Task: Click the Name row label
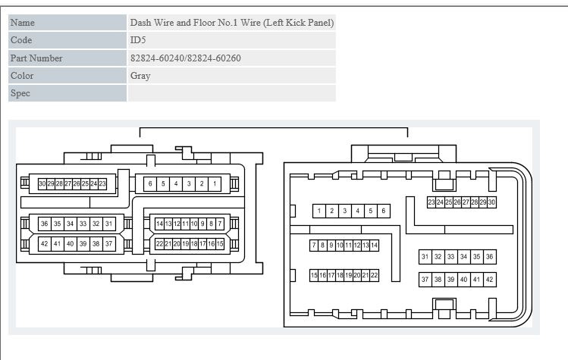click(x=23, y=23)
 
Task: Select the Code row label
click(x=21, y=40)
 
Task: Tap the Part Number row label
click(x=36, y=58)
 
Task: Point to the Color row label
click(x=22, y=75)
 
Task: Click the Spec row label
click(x=20, y=93)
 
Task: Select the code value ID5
click(x=138, y=40)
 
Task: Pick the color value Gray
click(x=140, y=76)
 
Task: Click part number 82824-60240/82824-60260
click(x=186, y=58)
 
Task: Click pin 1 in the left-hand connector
click(x=215, y=183)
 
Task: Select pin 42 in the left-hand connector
click(x=45, y=244)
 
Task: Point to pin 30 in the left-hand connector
click(x=42, y=183)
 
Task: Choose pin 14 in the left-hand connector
click(x=159, y=224)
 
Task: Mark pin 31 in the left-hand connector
click(x=109, y=224)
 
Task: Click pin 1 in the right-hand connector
click(x=319, y=211)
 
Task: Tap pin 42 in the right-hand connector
click(x=490, y=280)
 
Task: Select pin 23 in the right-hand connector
click(x=431, y=202)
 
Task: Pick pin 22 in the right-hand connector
click(x=375, y=275)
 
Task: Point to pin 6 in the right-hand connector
click(x=384, y=211)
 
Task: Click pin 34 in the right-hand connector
click(x=463, y=257)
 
